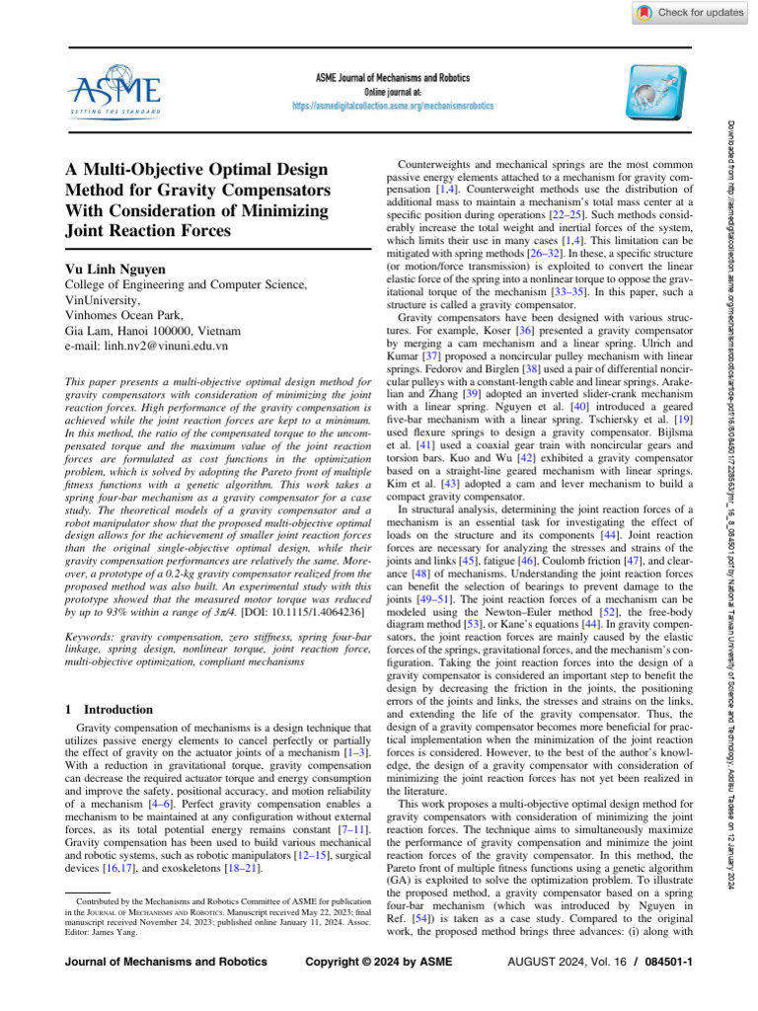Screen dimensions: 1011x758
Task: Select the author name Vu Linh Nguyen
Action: point(117,268)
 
